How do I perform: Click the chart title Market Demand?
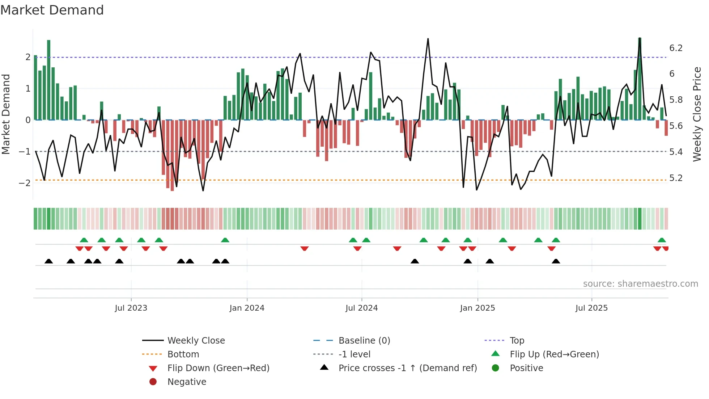[x=52, y=10]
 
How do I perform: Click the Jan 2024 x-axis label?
[x=247, y=308]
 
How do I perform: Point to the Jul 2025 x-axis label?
[x=591, y=308]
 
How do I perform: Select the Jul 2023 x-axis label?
[x=131, y=308]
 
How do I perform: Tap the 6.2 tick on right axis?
[x=676, y=48]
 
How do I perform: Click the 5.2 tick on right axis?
[x=676, y=178]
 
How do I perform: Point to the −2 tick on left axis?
[x=25, y=183]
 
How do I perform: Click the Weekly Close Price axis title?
[x=697, y=114]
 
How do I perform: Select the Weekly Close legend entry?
[x=196, y=341]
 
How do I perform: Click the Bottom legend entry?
[x=183, y=354]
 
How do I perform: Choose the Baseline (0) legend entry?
[x=364, y=341]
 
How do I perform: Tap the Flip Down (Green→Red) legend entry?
[x=218, y=368]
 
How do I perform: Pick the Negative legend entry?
[x=187, y=382]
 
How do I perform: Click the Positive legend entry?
[x=526, y=368]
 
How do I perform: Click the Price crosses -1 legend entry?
[x=407, y=368]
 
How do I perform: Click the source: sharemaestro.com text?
[x=640, y=284]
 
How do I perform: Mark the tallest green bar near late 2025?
[x=640, y=80]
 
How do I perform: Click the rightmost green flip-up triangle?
[x=662, y=240]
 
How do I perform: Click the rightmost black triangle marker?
[x=556, y=261]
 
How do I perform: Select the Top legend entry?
[x=517, y=341]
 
